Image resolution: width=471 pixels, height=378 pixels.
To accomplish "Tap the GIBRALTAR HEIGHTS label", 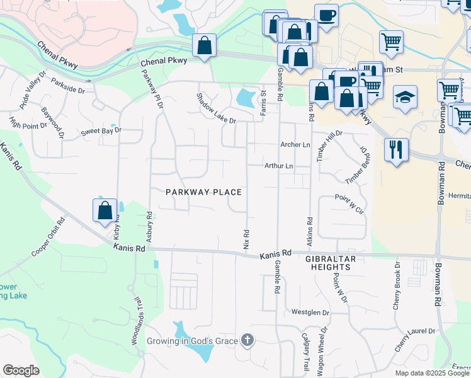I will [x=331, y=263].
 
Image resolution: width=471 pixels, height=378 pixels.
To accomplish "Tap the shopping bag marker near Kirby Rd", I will [x=105, y=210].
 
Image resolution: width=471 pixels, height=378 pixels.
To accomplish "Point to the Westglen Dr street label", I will [x=310, y=312].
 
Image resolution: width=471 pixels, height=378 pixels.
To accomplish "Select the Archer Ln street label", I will [x=295, y=145].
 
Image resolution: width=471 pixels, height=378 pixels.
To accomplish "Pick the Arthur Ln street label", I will [x=278, y=166].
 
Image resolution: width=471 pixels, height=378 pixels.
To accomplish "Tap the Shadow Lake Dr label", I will [x=215, y=108].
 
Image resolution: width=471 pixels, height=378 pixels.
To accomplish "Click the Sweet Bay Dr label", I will [x=101, y=132].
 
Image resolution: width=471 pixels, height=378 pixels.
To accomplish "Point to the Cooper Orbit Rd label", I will [x=49, y=237].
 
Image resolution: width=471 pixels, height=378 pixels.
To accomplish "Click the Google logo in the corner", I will [x=21, y=370].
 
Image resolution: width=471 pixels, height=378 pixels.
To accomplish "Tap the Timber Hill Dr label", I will [x=330, y=146].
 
